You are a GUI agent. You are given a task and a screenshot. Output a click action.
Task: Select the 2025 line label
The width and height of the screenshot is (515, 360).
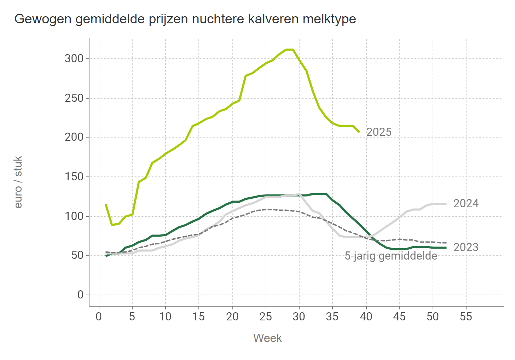click(x=379, y=132)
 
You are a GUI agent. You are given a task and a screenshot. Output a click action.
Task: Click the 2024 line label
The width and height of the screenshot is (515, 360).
click(x=466, y=204)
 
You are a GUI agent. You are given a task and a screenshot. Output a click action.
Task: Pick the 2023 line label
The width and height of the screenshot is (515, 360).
click(x=466, y=247)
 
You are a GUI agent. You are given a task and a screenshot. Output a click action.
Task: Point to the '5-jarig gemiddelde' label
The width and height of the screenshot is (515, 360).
click(x=391, y=256)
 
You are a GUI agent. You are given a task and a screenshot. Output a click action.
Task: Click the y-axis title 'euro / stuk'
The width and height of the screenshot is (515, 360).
click(x=18, y=182)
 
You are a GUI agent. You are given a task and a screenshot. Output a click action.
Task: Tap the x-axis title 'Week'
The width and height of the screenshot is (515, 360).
click(x=267, y=338)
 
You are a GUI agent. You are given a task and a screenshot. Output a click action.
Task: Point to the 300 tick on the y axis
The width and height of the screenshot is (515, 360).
click(x=74, y=58)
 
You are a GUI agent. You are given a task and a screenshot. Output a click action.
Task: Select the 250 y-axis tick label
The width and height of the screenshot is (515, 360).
click(x=74, y=98)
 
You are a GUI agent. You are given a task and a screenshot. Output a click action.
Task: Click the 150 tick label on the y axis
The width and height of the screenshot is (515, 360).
click(x=74, y=176)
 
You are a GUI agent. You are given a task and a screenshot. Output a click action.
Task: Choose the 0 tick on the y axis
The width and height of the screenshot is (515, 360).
click(x=80, y=295)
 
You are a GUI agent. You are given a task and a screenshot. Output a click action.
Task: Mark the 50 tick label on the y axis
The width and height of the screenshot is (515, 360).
click(x=77, y=255)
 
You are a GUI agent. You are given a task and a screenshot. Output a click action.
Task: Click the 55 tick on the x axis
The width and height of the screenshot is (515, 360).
click(x=466, y=316)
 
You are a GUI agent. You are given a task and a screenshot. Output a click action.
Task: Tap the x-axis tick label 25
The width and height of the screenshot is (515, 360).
click(x=266, y=316)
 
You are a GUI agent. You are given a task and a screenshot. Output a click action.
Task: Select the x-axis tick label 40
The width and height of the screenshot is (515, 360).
click(x=366, y=316)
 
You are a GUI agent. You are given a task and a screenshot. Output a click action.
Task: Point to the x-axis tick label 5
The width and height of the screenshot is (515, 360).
click(x=132, y=316)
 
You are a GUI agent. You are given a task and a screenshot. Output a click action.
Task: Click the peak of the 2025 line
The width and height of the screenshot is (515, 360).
click(x=290, y=50)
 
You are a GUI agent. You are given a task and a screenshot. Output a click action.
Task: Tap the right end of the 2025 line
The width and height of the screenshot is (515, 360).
click(x=359, y=132)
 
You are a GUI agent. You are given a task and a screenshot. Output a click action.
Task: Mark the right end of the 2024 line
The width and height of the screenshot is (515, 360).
click(x=446, y=204)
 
